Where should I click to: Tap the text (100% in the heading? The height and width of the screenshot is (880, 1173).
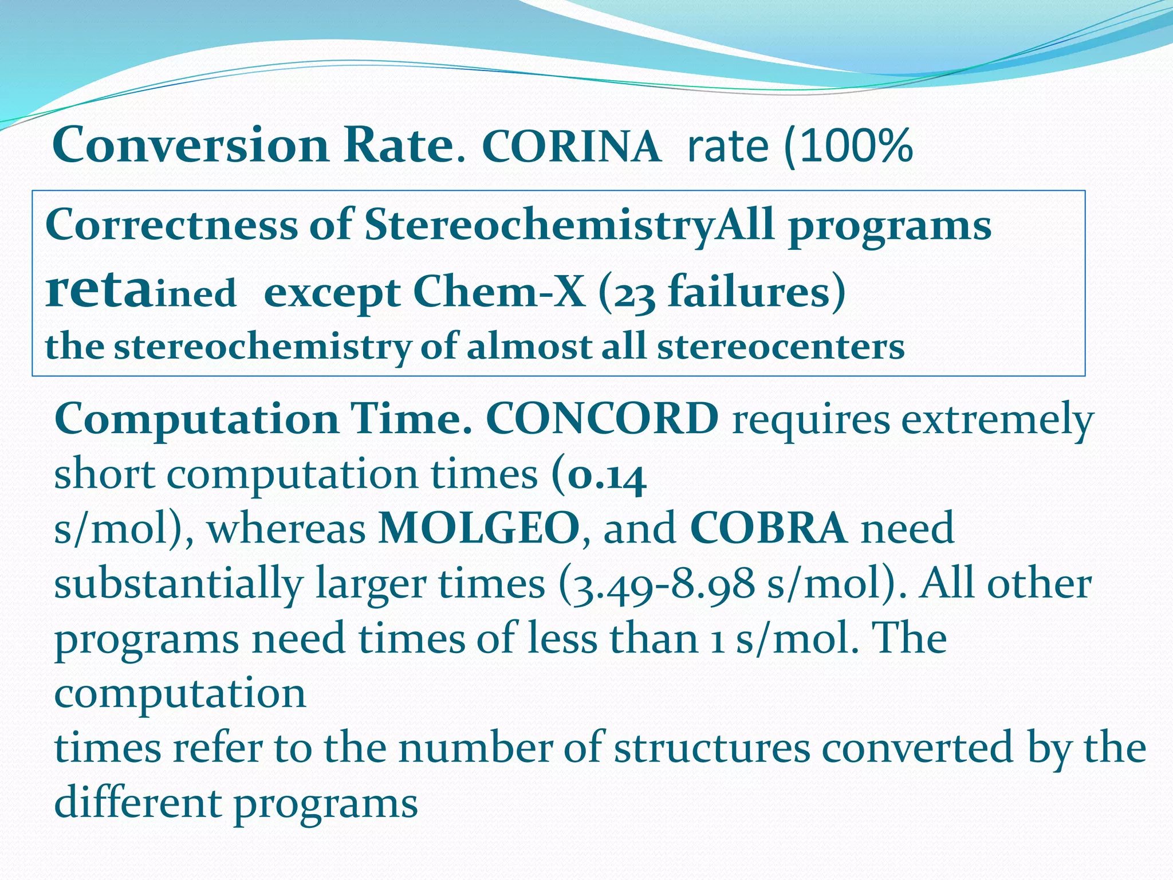[848, 147]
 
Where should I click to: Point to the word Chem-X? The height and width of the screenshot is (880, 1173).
[499, 292]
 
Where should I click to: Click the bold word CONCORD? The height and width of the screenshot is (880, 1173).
[602, 419]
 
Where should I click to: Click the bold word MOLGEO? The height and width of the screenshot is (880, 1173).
[479, 528]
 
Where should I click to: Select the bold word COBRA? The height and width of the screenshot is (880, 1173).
[768, 528]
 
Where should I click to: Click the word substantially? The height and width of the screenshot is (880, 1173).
[178, 584]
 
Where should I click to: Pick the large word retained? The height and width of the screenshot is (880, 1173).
[140, 291]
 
